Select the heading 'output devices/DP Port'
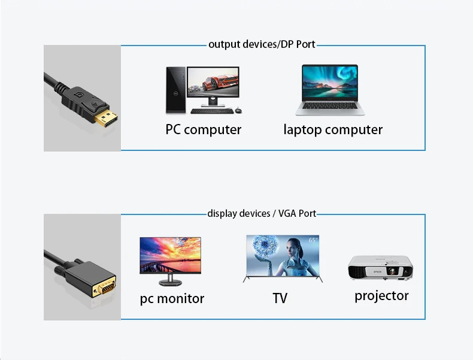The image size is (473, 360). [262, 44]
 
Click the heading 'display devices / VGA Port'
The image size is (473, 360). [262, 213]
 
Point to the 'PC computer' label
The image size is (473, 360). [204, 129]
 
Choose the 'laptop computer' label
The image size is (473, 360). [333, 129]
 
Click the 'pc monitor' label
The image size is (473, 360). [172, 298]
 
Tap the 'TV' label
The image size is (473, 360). [280, 298]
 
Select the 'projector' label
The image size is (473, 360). [381, 295]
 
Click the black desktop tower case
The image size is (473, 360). [175, 89]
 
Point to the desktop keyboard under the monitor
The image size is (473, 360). [210, 111]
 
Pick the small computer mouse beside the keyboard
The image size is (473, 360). [238, 110]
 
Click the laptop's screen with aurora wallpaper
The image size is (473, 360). [330, 84]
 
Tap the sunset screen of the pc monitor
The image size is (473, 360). [170, 255]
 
